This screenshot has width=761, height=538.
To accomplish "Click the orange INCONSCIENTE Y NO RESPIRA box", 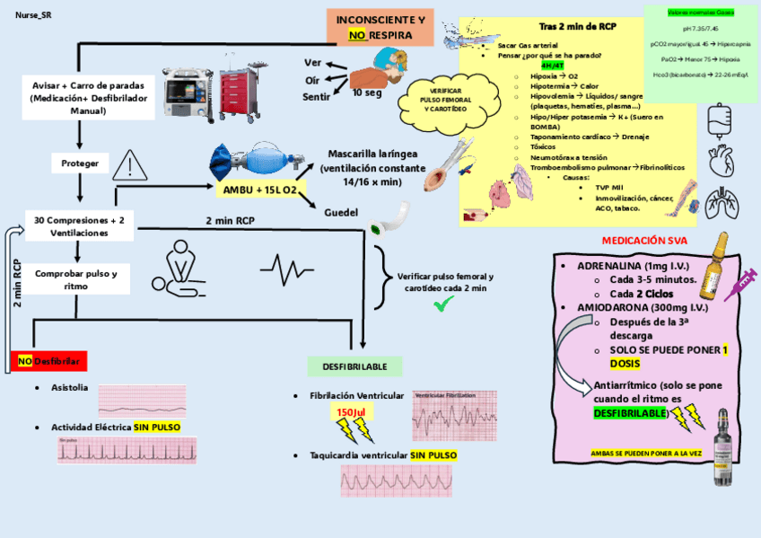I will pos(380,27).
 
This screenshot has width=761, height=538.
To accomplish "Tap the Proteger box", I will pos(81,163).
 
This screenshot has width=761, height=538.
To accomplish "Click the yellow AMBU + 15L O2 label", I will pos(260,190).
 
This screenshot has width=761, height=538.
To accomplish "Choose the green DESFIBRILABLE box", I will pos(354,366).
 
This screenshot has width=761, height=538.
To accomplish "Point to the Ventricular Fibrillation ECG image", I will pos(455,416).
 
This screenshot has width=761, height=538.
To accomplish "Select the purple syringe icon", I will pos(740,285).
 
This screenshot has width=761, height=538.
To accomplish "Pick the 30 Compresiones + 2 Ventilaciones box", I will pos(79,226).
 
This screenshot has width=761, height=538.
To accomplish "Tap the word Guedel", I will pos(343,213).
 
